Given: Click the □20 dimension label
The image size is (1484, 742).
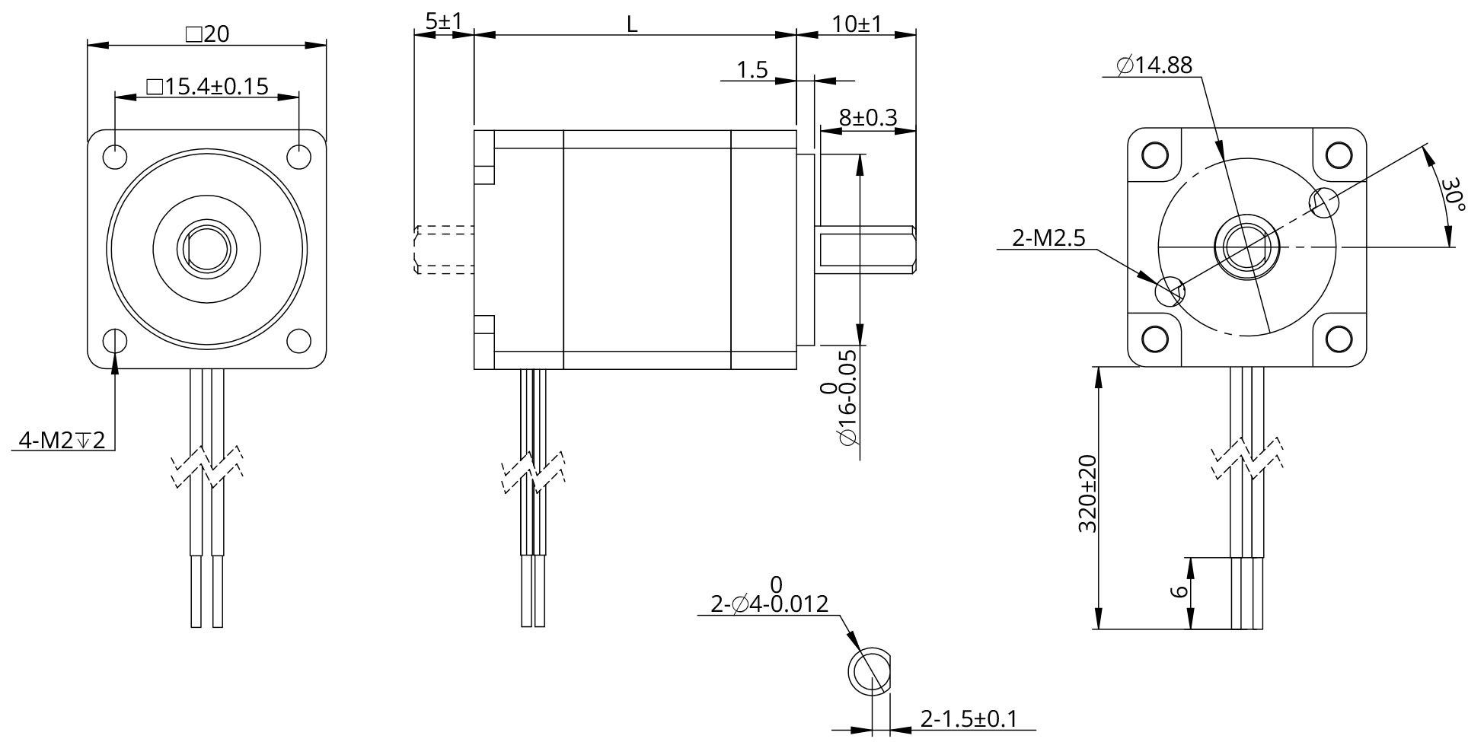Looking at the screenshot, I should click(x=207, y=34).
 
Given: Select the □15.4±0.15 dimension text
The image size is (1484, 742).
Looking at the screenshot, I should click(x=207, y=86).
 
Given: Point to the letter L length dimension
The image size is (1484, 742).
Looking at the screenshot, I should click(x=632, y=24).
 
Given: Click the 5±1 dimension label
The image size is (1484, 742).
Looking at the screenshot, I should click(x=443, y=21).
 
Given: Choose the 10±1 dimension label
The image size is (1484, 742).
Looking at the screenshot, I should click(x=857, y=24).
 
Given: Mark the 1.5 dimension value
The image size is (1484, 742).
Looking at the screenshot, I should click(x=752, y=71).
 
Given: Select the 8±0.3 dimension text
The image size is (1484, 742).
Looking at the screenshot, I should click(x=868, y=118).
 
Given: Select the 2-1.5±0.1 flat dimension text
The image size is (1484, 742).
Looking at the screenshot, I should click(x=969, y=718).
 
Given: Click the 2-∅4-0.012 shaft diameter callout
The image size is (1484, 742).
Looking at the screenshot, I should click(x=769, y=604).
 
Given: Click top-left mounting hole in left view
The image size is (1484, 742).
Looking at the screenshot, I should click(x=115, y=156).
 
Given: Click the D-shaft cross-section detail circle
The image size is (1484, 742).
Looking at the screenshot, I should click(x=869, y=672).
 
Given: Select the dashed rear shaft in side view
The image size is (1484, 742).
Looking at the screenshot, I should click(x=445, y=249).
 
